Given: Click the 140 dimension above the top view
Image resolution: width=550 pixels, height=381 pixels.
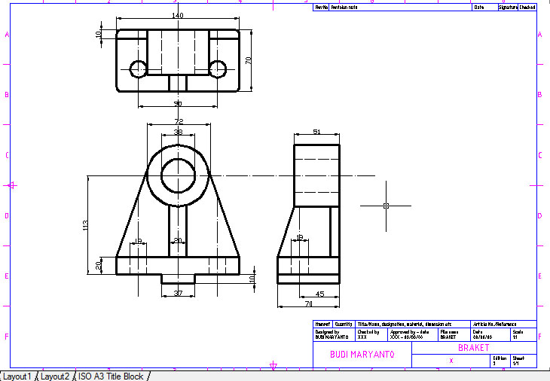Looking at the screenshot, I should (178, 16).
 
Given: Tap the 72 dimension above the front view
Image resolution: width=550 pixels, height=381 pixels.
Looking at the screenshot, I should (179, 120).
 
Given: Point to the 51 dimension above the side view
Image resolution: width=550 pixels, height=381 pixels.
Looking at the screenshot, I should (316, 132).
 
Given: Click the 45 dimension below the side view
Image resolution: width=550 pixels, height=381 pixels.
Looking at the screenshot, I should (321, 294).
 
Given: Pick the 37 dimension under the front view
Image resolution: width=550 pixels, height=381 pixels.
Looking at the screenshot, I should (178, 293).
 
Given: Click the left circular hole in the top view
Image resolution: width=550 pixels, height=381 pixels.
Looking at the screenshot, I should (138, 69).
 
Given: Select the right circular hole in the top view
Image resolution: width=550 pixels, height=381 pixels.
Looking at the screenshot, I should (218, 69).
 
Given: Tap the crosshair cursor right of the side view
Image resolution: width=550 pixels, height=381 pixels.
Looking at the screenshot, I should (386, 206).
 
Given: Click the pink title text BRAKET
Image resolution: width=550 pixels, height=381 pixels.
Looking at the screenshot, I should (474, 348).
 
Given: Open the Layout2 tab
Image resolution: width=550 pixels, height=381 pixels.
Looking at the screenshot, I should (55, 376).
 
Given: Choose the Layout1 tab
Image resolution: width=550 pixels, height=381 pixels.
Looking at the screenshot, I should (17, 376).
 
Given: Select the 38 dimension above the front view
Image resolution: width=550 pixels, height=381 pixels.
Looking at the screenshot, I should (179, 132).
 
